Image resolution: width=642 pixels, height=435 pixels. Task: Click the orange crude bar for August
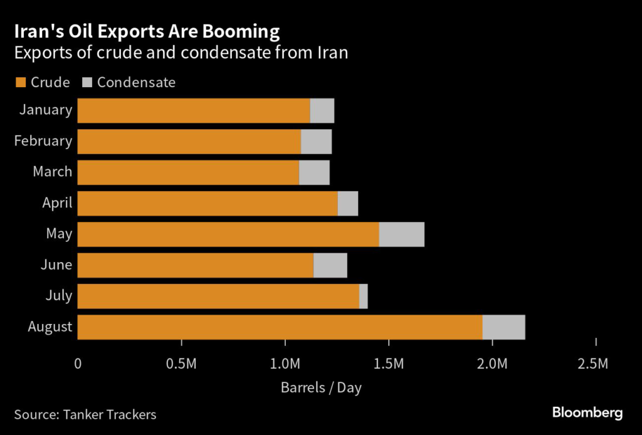pos(280,327)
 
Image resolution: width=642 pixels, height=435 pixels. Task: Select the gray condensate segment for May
pos(401,234)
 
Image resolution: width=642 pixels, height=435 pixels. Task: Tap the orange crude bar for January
pos(193,110)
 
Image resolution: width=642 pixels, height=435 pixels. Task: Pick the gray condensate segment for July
pos(364,296)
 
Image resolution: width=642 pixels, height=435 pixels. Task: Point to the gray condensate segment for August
pos(503,327)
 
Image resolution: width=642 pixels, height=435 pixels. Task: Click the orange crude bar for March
pos(188,172)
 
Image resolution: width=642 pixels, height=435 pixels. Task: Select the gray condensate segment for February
pos(316,142)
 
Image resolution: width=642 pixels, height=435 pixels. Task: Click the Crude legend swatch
pos(20,83)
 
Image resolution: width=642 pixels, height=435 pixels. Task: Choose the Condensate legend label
pos(136,82)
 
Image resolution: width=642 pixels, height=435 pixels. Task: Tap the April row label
pos(58,203)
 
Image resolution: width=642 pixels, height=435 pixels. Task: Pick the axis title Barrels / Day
pos(321,387)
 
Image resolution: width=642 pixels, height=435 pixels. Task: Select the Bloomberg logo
pos(587,412)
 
